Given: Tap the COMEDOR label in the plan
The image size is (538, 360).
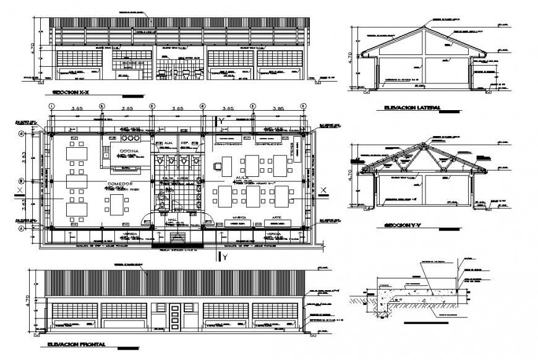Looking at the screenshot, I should (x=119, y=184).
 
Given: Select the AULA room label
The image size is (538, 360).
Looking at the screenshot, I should (x=241, y=178).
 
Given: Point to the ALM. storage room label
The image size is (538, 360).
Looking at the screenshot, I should (x=168, y=143).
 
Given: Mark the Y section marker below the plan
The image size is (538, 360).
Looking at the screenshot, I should (x=225, y=256).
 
